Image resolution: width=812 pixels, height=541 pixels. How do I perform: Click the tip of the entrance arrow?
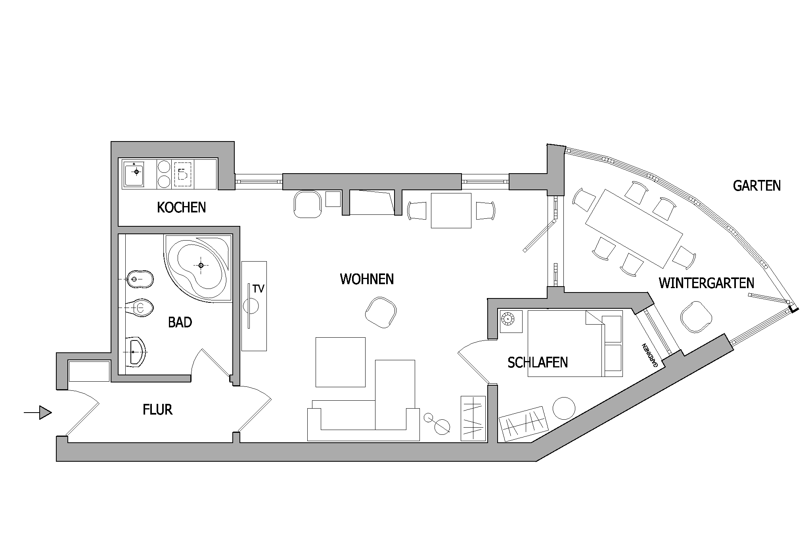(52, 413)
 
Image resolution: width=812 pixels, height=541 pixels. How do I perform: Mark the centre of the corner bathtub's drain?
(201, 265)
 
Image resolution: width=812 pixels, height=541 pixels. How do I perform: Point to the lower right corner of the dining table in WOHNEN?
(471, 228)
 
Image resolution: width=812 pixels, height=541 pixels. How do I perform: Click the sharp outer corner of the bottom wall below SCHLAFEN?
(536, 461)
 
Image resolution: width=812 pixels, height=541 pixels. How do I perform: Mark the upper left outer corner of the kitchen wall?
(111, 141)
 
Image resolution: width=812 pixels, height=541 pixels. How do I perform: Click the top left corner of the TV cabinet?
(241, 261)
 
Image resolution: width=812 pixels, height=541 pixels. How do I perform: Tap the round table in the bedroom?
(564, 408)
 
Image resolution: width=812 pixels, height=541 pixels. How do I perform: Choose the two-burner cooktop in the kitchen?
(163, 174)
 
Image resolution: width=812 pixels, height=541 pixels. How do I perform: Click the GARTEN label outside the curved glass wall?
(757, 185)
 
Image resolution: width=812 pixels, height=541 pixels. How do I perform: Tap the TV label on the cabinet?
(258, 289)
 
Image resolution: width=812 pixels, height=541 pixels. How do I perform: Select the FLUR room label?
(157, 409)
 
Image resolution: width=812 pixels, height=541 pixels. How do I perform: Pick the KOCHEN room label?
(182, 207)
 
